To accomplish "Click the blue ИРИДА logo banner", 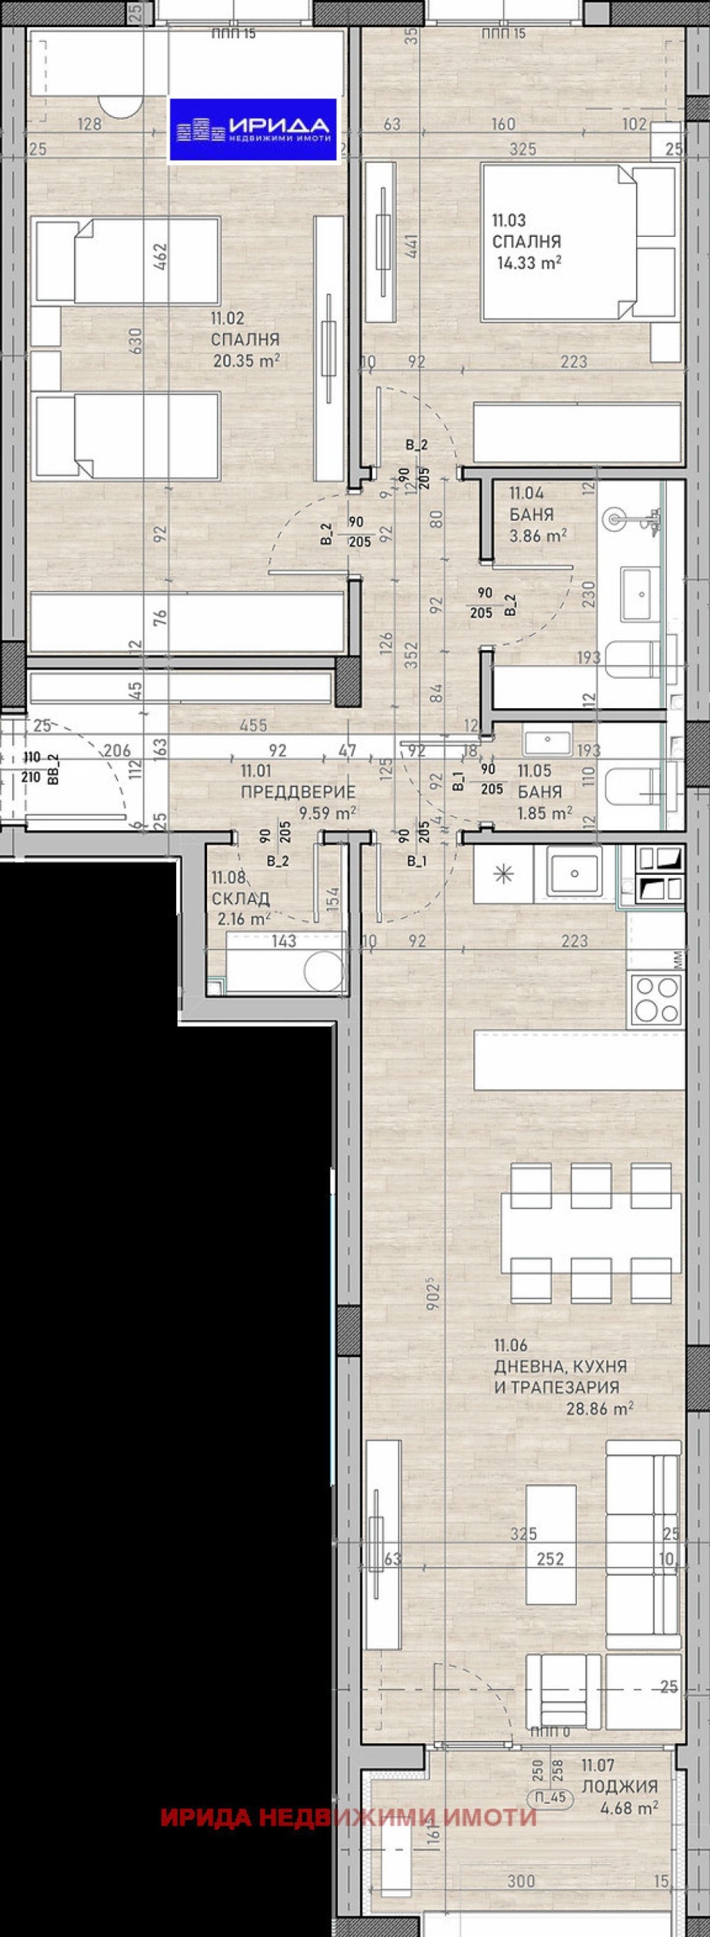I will click(253, 129).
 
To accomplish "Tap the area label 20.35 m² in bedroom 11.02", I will click(246, 361).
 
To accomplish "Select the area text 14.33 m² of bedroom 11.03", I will click(529, 263).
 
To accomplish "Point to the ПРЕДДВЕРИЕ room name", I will click(298, 792).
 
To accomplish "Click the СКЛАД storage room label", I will click(240, 899).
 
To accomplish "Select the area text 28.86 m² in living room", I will click(600, 1408).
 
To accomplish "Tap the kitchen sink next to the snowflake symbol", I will click(575, 874).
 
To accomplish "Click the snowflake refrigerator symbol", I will click(504, 875).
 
